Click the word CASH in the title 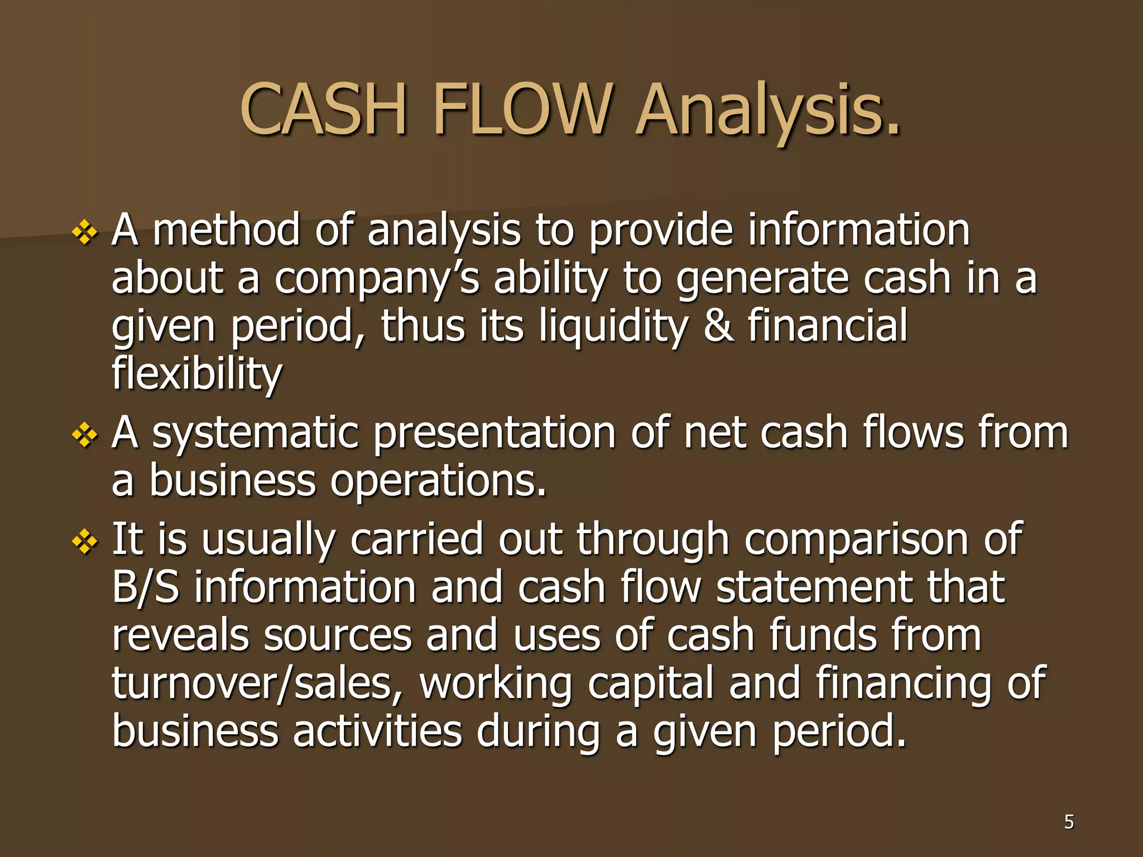click(x=323, y=110)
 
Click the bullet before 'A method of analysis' click(x=84, y=233)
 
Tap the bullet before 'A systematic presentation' click(x=84, y=435)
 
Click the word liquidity click(x=613, y=326)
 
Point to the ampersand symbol click(x=718, y=326)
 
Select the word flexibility click(x=196, y=374)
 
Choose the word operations click(x=437, y=481)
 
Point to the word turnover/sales click(x=257, y=683)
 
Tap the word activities click(x=377, y=731)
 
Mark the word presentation click(x=494, y=434)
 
